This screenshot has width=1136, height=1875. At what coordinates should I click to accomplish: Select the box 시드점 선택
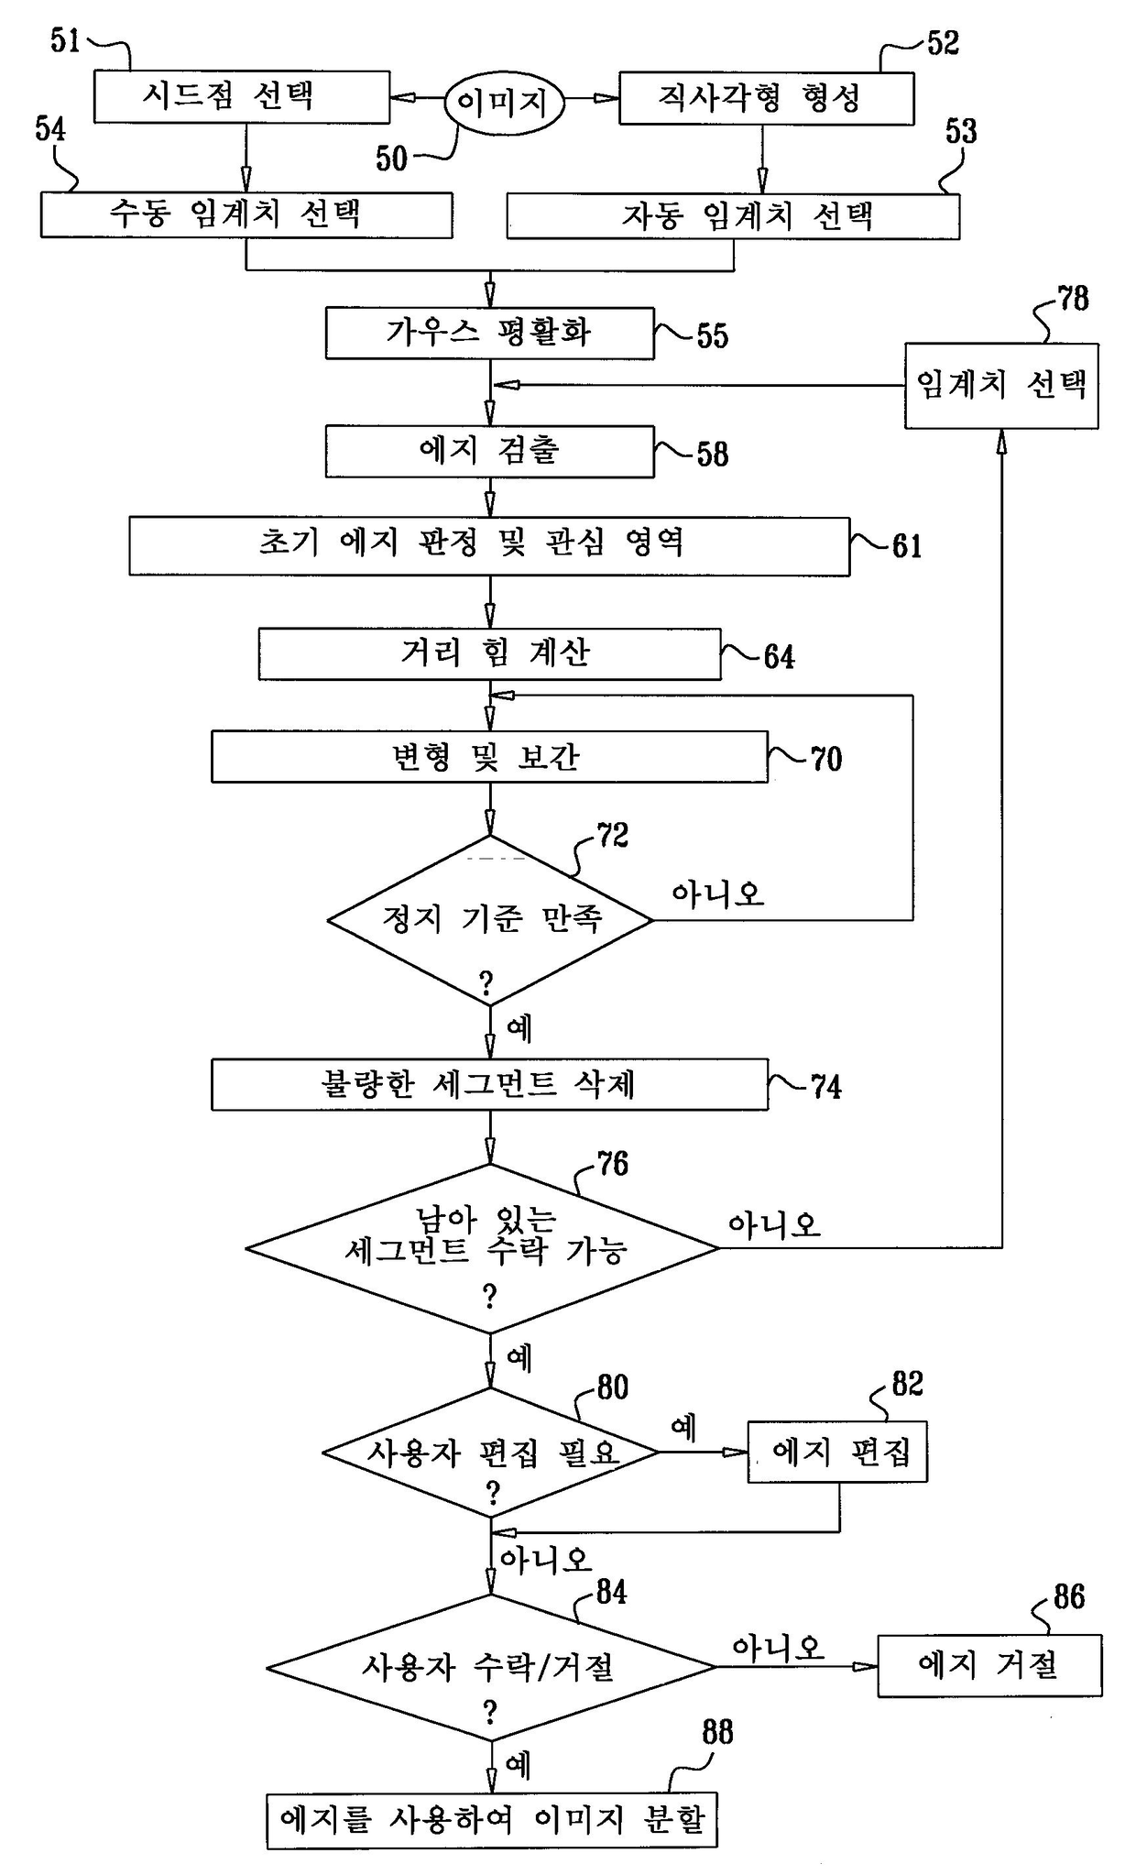(242, 96)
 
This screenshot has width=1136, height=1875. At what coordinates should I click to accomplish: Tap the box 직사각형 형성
(766, 98)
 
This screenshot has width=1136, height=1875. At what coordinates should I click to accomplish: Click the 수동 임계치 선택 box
(246, 215)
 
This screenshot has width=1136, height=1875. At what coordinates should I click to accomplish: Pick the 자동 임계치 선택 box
(733, 217)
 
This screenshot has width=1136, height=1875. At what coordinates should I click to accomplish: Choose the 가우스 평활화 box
(489, 333)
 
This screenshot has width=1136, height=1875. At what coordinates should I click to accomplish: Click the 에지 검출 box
(489, 451)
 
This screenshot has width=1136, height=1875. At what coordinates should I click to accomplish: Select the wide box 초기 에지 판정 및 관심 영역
(489, 546)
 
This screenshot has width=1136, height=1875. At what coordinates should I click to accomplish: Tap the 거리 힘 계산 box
(489, 653)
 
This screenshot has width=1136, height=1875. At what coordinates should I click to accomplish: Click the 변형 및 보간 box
(489, 757)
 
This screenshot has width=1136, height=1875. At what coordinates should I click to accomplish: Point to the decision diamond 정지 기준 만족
(490, 920)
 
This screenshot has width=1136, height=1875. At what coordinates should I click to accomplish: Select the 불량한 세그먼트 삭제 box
(489, 1085)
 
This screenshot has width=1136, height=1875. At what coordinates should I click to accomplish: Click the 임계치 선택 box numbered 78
(1001, 386)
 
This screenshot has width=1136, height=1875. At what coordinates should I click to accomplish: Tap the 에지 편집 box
(837, 1452)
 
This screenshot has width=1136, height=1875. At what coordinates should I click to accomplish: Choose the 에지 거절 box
(989, 1665)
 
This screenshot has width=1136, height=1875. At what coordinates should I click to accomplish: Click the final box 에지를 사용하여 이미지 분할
(492, 1820)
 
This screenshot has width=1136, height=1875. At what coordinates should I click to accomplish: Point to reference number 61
(906, 546)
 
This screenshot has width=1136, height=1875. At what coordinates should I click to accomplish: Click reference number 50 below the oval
(391, 159)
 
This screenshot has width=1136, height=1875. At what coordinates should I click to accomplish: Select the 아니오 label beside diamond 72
(717, 894)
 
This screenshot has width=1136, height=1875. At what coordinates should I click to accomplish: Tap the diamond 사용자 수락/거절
(490, 1667)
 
